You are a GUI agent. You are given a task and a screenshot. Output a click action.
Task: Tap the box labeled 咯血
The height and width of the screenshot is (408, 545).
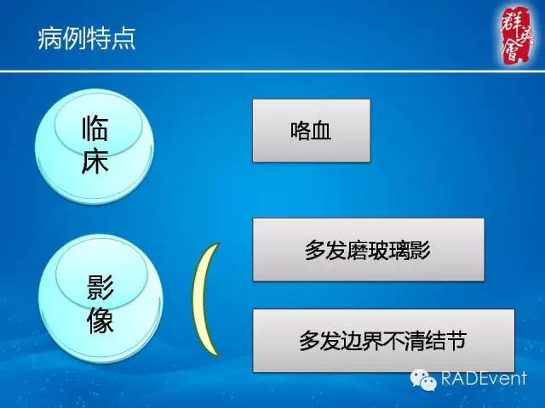311,130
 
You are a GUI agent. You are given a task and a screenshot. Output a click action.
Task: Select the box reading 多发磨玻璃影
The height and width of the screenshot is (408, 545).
369,249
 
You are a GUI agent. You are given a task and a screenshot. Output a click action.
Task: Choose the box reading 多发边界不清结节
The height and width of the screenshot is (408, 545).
383,340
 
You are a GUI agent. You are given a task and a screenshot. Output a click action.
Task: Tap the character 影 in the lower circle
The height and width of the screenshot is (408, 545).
100,287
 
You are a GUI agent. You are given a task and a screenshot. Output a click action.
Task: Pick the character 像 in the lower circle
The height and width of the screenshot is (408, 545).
100,320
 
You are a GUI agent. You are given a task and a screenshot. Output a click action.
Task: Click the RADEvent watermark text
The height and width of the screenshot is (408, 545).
483,378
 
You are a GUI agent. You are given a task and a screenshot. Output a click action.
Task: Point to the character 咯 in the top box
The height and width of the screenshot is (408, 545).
300,131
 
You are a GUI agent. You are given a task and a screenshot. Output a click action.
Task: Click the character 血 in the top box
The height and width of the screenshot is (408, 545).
321,131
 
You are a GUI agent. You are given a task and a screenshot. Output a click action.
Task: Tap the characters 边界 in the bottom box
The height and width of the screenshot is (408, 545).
362,341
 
